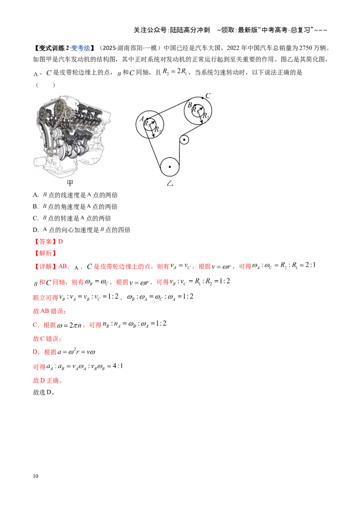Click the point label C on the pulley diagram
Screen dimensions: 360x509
coord(208,95)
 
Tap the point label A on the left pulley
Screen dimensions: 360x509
coord(142,119)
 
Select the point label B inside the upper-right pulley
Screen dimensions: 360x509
coord(190,105)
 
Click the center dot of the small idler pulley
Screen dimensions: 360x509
coord(184,140)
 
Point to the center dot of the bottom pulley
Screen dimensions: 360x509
coord(170,167)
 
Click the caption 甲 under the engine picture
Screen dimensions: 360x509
coord(70,183)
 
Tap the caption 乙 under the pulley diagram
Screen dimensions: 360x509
coord(170,183)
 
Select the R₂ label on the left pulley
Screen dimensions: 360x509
coord(157,129)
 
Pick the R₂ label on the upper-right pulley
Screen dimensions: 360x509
coord(206,116)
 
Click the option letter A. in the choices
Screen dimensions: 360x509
coord(36,195)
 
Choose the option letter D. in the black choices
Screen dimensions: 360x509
coord(36,230)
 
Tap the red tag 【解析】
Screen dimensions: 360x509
coord(45,253)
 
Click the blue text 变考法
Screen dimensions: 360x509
coord(80,48)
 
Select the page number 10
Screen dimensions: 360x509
coord(36,476)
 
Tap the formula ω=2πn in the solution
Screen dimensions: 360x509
coord(69,325)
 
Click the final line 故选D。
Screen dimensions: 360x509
coord(44,392)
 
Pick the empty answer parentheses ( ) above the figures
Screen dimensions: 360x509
coord(45,85)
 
